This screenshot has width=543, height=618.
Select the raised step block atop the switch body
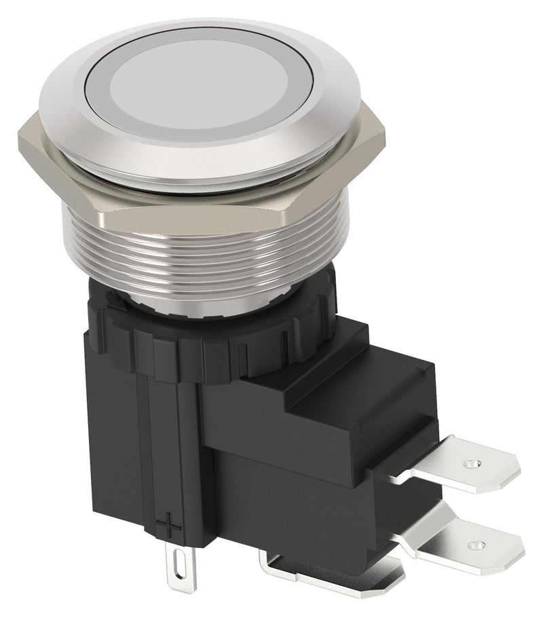tap(360, 387)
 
